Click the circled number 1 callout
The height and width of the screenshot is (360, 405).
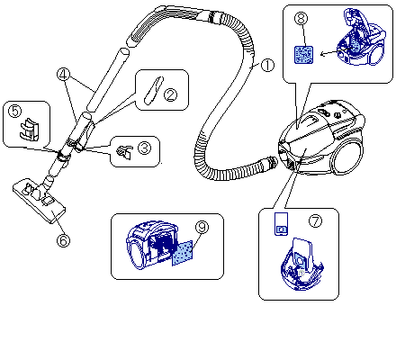coord(267,65)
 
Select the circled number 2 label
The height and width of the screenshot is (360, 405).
coord(170,94)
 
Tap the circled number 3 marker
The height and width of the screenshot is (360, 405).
coord(145,148)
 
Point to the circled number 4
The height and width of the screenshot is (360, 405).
coord(63,75)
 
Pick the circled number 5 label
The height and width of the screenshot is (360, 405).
coord(15,111)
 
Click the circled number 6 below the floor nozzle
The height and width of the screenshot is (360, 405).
coord(63,240)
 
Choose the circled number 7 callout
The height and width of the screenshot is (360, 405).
coord(315,221)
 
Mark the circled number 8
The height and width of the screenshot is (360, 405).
coord(301,18)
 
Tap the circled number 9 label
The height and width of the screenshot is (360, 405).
coord(202,227)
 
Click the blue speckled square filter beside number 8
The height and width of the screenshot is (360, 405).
coord(303,55)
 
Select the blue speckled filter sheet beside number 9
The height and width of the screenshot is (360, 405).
coord(183,253)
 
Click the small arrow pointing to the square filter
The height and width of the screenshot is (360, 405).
coord(330,53)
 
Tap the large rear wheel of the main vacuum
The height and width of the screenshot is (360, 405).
coord(348,157)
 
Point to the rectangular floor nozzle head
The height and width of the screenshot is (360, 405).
coord(39,201)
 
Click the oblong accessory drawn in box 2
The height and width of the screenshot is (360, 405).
coord(154,91)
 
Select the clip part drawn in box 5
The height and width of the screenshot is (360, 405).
coord(29,129)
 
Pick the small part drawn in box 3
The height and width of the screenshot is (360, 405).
coord(124,152)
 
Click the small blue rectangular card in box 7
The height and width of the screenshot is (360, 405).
coord(282,224)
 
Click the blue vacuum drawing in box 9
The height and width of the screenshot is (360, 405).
coord(151,245)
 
